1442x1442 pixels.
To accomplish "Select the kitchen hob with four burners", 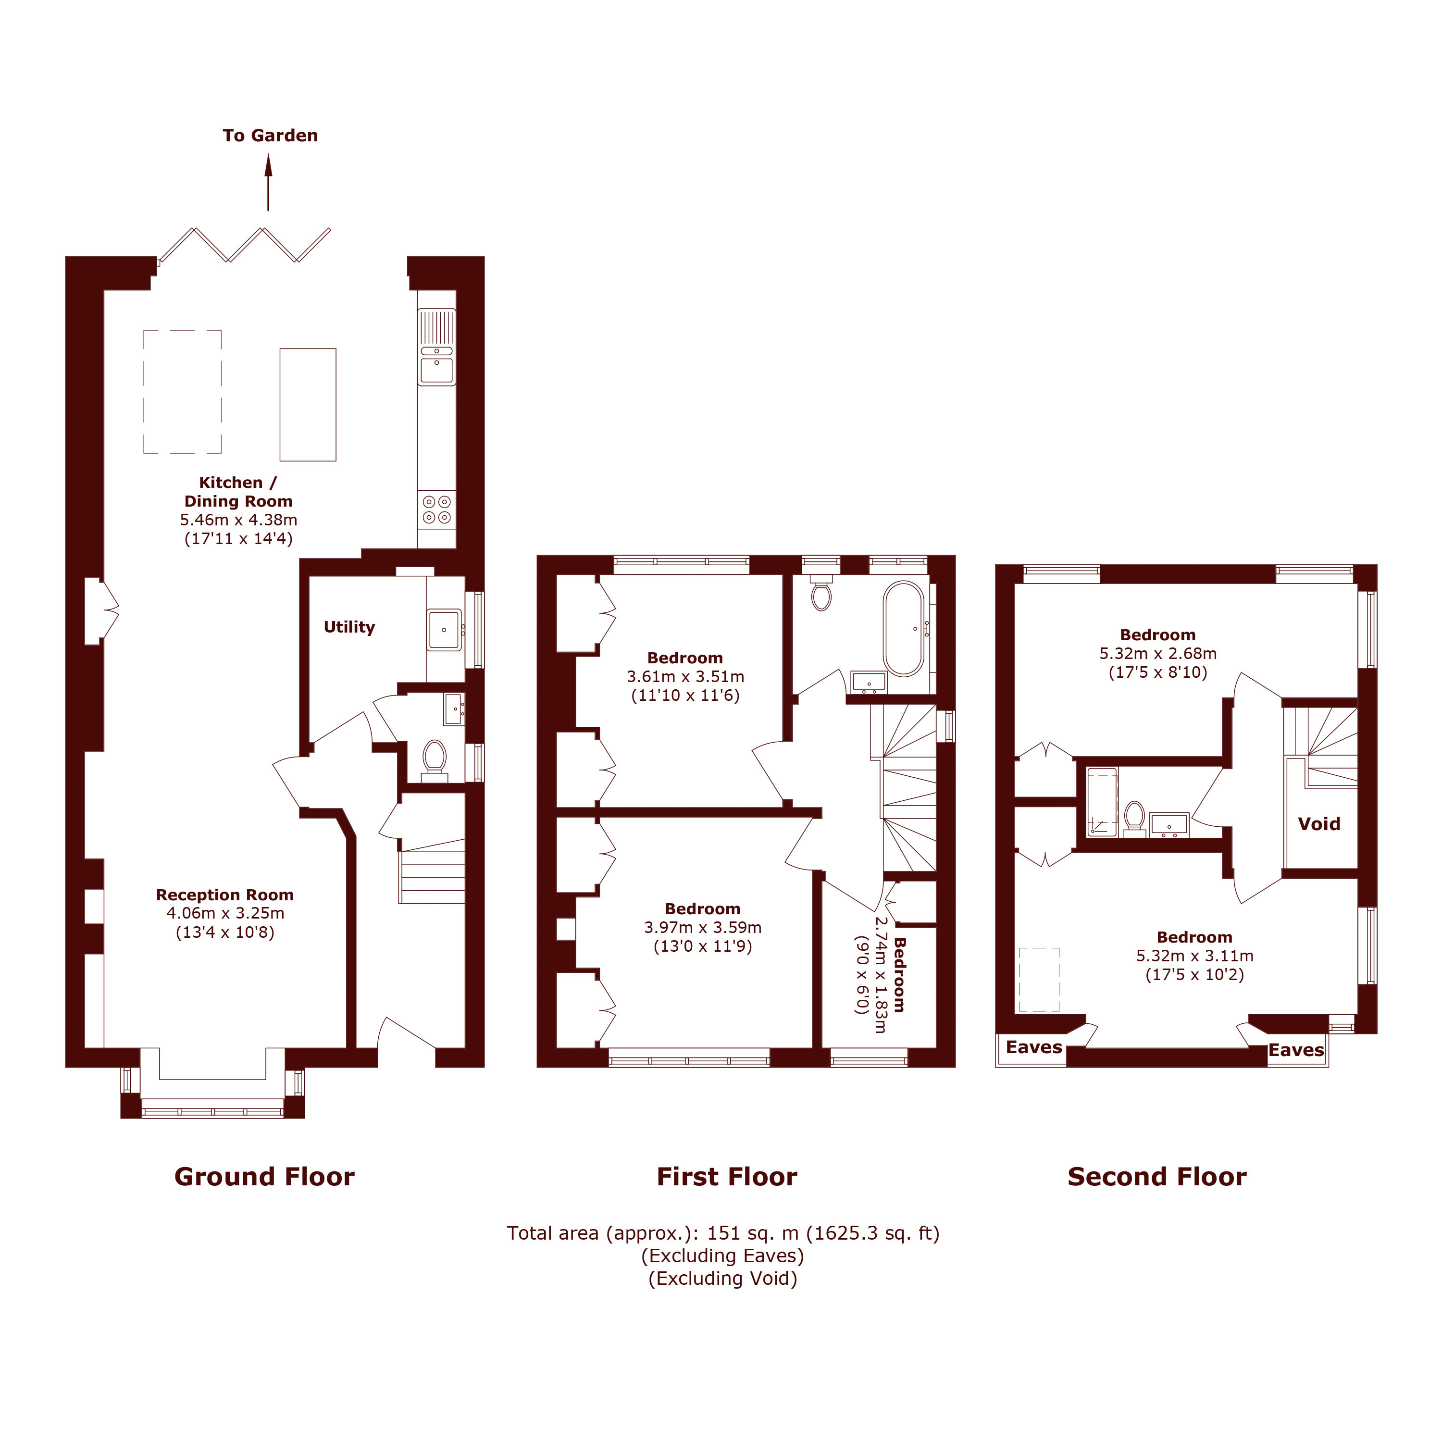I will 436,510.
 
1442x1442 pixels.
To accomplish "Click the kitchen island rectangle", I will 308,405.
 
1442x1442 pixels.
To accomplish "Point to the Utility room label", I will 349,627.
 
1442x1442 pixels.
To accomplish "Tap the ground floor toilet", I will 434,758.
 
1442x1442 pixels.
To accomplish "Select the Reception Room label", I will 224,895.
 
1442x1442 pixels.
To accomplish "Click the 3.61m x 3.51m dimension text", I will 685,677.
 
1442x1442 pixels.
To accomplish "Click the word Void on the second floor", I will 1319,824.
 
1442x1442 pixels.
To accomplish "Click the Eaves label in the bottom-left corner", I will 1034,1047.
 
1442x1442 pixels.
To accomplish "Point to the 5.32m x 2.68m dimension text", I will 1157,654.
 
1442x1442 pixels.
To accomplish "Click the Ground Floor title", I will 264,1177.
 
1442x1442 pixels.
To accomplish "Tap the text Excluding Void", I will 722,1279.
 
